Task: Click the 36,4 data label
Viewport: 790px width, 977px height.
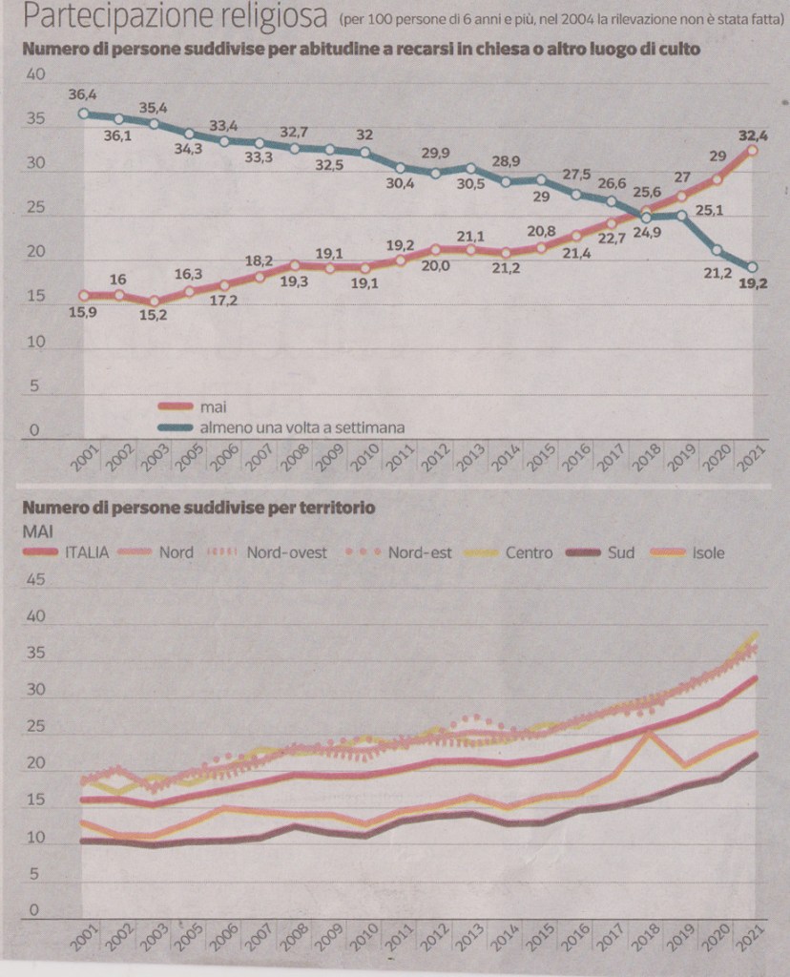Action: tap(83, 93)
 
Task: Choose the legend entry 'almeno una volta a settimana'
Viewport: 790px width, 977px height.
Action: tap(302, 427)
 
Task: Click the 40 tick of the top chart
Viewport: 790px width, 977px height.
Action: tap(35, 75)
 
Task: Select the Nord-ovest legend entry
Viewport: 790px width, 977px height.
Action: tap(286, 551)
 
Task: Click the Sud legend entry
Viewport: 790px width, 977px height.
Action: tap(621, 551)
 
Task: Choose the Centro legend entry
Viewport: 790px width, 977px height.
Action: tap(529, 551)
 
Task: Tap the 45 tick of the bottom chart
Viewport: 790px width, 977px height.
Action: tap(35, 579)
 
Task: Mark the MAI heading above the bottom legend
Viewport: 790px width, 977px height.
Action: tap(39, 530)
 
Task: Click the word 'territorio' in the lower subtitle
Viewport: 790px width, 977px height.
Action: tap(334, 508)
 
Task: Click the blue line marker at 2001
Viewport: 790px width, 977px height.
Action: tap(84, 113)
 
